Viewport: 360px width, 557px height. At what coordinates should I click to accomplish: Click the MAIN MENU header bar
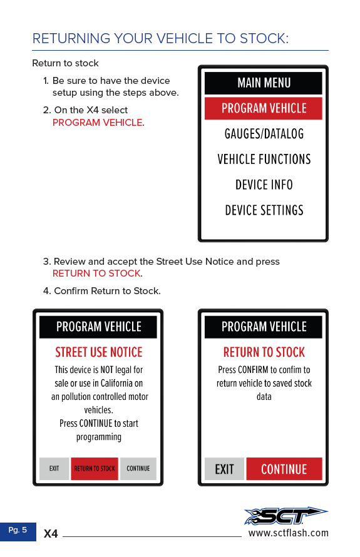click(x=264, y=83)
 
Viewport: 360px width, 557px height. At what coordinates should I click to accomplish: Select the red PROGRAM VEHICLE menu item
click(x=264, y=108)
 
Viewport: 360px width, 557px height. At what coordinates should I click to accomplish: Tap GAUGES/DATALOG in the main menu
click(x=264, y=134)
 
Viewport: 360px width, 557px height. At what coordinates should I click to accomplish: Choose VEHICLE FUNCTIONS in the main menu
click(x=264, y=159)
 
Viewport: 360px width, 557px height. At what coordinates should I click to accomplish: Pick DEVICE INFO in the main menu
click(x=264, y=185)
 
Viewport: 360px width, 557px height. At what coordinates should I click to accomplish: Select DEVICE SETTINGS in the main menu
click(x=264, y=210)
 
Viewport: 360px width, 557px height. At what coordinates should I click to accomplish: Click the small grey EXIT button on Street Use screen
click(x=54, y=469)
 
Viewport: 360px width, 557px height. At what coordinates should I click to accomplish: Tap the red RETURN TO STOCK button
click(x=95, y=469)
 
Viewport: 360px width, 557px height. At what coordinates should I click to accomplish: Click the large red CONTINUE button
click(x=284, y=469)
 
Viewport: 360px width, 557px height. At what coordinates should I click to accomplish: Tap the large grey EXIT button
click(x=224, y=469)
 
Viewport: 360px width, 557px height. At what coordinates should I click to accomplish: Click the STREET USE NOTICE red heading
click(x=98, y=352)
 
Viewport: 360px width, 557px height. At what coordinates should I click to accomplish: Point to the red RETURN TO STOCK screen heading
click(x=264, y=352)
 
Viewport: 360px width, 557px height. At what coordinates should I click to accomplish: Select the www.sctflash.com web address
click(x=289, y=533)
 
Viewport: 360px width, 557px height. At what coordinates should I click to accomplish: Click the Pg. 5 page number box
click(x=18, y=531)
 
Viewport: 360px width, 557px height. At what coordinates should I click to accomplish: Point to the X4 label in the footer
click(x=51, y=534)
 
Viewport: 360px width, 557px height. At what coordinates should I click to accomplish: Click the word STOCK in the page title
click(x=264, y=38)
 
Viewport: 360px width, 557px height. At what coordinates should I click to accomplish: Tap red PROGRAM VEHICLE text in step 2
click(x=98, y=123)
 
